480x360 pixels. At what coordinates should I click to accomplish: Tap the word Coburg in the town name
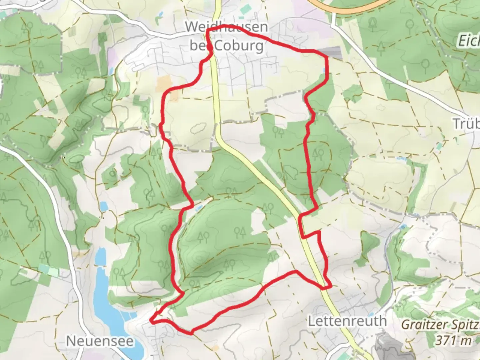point(239,46)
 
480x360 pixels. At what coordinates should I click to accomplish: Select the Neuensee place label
point(100,341)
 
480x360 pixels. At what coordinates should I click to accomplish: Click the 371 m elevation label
point(453,341)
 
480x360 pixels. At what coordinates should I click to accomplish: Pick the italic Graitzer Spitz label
point(440,324)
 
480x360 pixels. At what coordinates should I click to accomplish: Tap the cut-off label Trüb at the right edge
point(466,124)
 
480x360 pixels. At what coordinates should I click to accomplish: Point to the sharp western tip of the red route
point(152,321)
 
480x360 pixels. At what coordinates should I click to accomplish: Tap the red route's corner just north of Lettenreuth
point(330,286)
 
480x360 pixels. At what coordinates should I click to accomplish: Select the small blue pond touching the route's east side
point(325,70)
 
